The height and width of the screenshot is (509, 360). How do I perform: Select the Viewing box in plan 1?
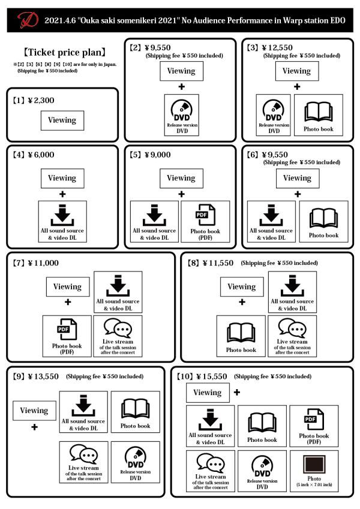pos(62,120)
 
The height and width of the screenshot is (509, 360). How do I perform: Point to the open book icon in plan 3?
pos(323,111)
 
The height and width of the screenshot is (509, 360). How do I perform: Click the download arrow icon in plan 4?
pos(62,215)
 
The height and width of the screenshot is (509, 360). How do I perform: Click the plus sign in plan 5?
pos(181,194)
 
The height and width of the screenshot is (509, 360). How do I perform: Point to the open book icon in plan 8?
pos(241,332)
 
